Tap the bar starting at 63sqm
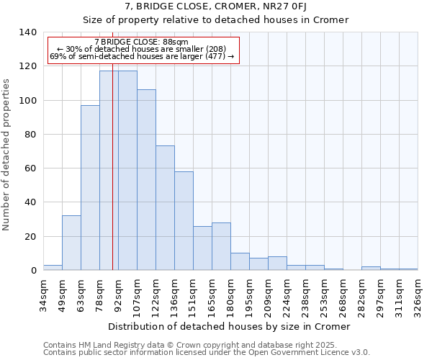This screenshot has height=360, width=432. (x=90, y=188)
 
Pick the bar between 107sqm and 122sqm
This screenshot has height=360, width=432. (x=146, y=180)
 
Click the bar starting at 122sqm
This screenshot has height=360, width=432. (x=165, y=208)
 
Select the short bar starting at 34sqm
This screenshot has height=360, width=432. (x=53, y=268)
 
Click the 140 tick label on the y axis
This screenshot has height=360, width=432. (x=28, y=32)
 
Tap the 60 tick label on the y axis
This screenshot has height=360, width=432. (x=31, y=168)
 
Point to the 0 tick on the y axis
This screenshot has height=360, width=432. (x=34, y=271)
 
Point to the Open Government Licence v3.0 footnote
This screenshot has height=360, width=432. (x=207, y=353)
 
